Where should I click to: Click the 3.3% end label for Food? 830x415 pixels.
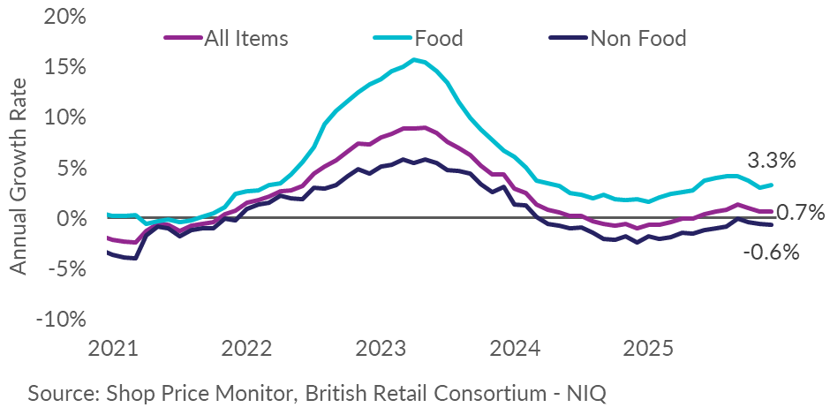coord(772,161)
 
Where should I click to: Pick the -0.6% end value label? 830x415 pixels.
coord(771,253)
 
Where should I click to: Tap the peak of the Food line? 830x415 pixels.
coord(413,59)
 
